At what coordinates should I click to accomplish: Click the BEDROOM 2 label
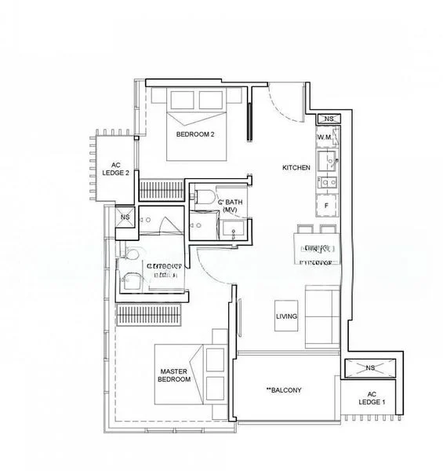pyautogui.click(x=195, y=134)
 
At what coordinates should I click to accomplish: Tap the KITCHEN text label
pyautogui.click(x=296, y=168)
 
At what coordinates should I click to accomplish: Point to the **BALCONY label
pyautogui.click(x=284, y=390)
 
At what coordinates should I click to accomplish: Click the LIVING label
pyautogui.click(x=285, y=317)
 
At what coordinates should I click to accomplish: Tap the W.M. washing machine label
pyautogui.click(x=326, y=137)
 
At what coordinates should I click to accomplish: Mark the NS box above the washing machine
pyautogui.click(x=329, y=119)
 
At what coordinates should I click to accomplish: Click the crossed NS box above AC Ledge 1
pyautogui.click(x=369, y=367)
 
